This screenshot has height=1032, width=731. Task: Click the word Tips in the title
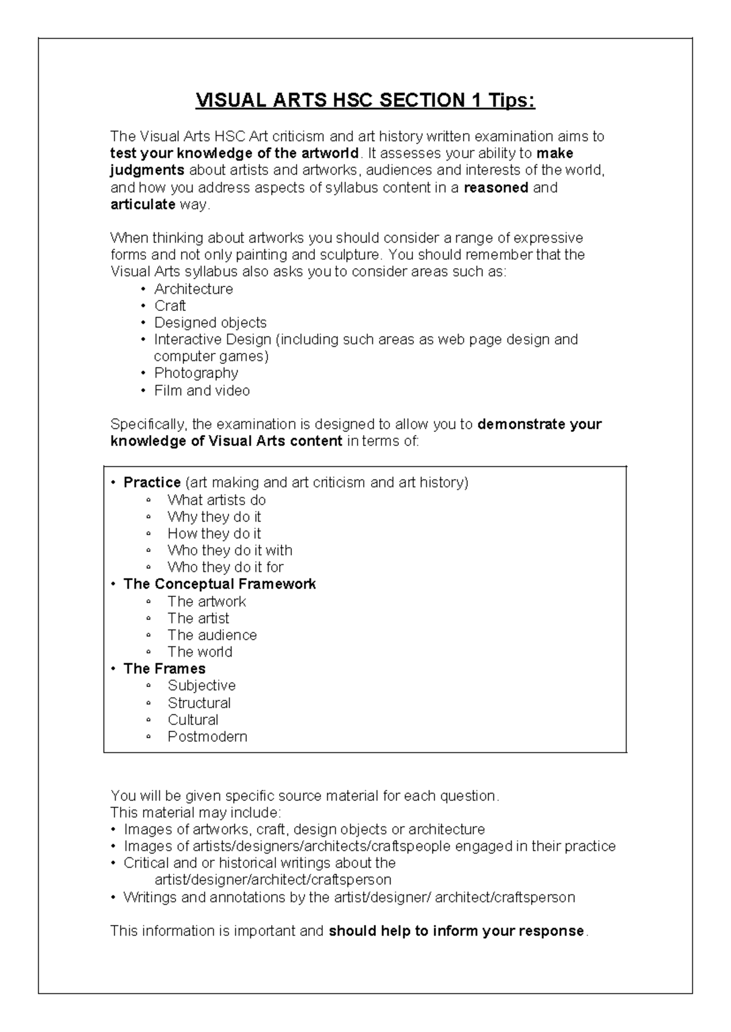point(510,100)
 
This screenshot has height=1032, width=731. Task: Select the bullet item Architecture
point(193,289)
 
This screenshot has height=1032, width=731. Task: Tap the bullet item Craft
point(170,306)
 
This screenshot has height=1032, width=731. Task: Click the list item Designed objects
point(210,322)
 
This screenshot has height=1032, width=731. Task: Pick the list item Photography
point(196,373)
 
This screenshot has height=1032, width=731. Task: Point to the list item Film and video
point(202,391)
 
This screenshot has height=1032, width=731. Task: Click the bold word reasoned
point(496,187)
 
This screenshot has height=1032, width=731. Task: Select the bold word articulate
point(143,204)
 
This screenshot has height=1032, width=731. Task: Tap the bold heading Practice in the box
point(152,483)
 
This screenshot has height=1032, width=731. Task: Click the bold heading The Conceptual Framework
point(219,584)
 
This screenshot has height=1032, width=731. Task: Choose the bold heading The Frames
point(164,669)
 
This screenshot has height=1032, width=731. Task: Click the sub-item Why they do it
point(214,517)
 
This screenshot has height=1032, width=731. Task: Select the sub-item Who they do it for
point(225,567)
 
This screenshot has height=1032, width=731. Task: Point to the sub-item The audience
point(212,635)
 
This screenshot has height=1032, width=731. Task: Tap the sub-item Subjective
point(201,686)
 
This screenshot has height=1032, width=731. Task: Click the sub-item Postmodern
point(207,737)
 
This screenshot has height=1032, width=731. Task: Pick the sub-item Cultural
point(192,720)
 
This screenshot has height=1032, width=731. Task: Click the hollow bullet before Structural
point(148,703)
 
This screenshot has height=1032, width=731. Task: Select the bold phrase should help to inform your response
point(456,931)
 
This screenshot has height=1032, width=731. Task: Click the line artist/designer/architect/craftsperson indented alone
point(273,880)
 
